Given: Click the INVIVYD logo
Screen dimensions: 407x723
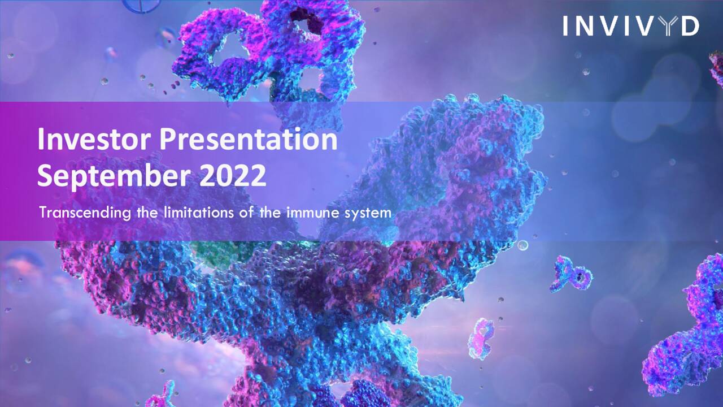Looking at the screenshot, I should tap(630, 26).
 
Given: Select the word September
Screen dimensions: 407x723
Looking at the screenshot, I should tap(114, 176).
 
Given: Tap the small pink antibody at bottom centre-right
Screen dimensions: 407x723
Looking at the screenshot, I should tap(481, 338).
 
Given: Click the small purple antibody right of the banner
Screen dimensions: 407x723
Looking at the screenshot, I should tap(570, 274).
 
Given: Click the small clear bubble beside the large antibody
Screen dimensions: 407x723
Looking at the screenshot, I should tap(522, 245).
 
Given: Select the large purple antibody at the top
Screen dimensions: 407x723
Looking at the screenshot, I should tap(265, 54).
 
